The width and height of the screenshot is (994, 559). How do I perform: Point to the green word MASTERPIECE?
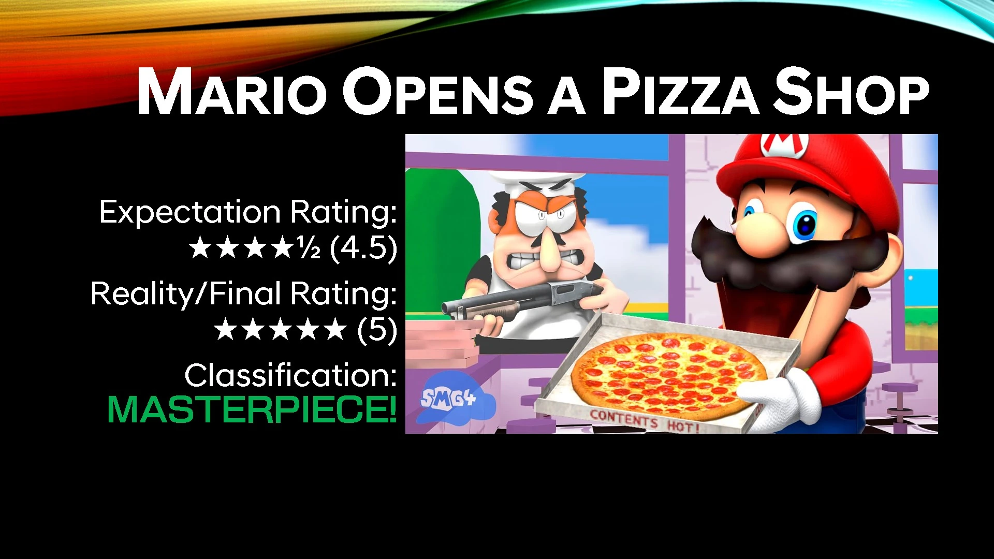tap(252, 409)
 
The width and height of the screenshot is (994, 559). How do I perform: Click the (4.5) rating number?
tap(363, 248)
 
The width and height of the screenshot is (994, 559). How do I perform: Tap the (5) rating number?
tap(377, 330)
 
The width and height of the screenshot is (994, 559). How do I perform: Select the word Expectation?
tap(190, 212)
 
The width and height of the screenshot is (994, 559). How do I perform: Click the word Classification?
tap(290, 375)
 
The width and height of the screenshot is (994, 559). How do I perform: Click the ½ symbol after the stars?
tap(309, 249)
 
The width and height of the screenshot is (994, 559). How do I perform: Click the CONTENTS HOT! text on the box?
tap(645, 420)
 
